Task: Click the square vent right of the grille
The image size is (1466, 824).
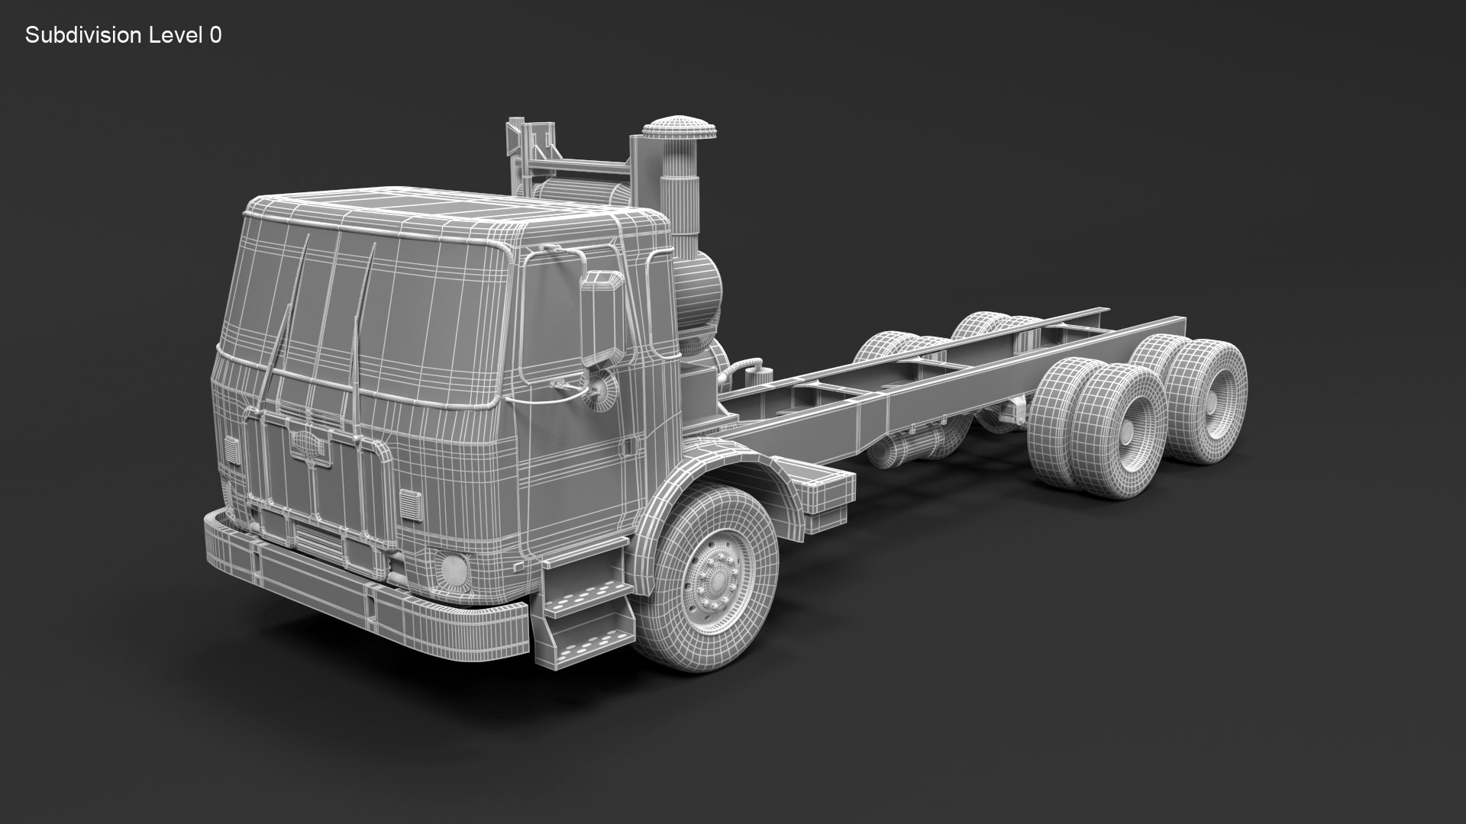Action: (411, 504)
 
